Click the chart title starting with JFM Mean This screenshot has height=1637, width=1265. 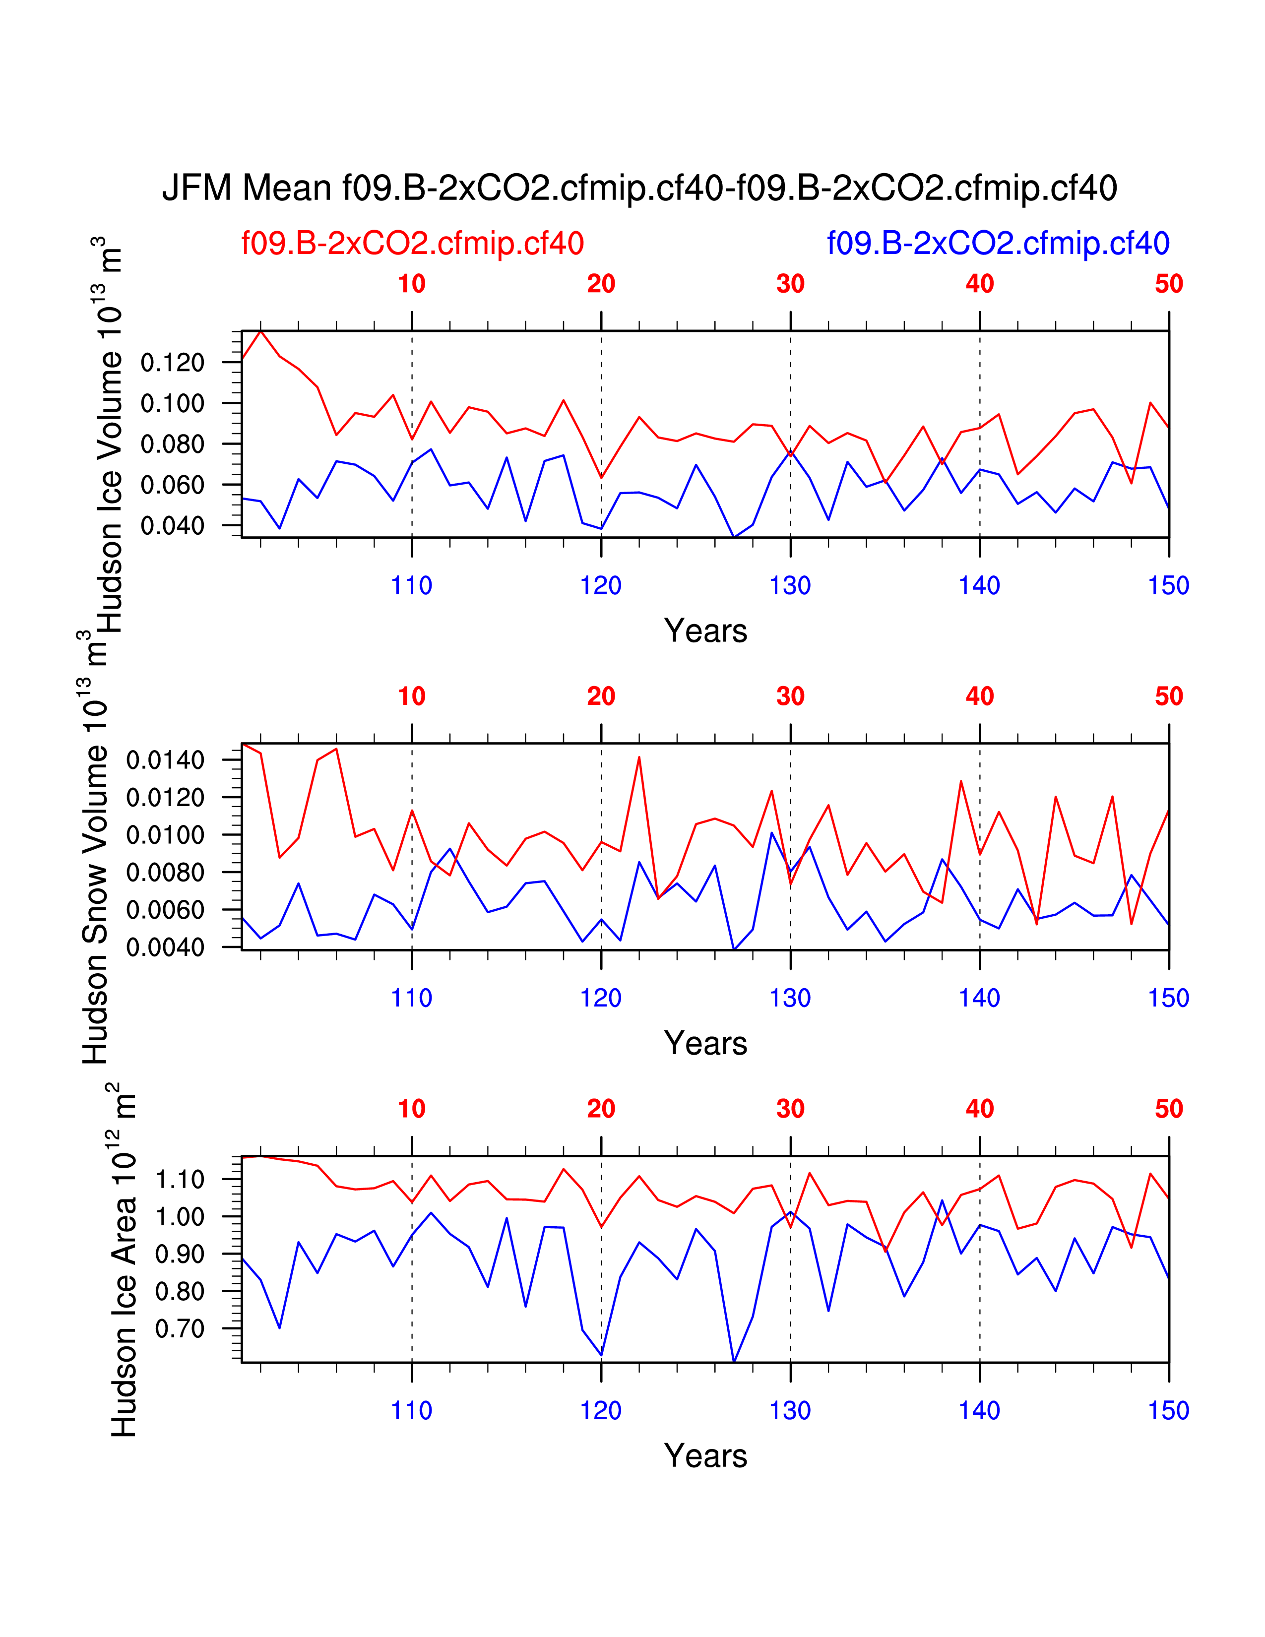[639, 188]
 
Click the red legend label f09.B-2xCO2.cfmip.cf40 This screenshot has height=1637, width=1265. [412, 244]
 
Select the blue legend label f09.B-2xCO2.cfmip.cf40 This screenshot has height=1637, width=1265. [998, 244]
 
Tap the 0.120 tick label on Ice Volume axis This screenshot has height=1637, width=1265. [172, 363]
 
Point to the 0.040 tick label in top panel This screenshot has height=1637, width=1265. [172, 526]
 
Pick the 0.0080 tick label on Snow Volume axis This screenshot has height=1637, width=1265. [165, 873]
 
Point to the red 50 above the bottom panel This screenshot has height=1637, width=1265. [1168, 1109]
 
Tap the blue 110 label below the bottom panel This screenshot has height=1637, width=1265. [411, 1411]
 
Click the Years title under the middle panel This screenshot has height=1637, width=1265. [705, 1043]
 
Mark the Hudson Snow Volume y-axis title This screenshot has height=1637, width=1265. [96, 847]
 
